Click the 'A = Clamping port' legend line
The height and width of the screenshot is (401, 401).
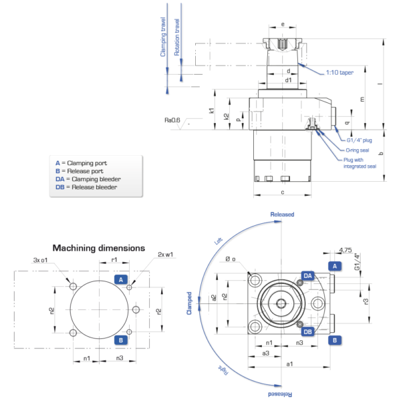81,163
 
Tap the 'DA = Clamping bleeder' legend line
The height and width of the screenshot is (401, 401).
88,179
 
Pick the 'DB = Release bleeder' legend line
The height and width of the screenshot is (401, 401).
86,187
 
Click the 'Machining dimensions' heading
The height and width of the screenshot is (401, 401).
99,247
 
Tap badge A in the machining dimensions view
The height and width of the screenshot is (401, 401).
121,279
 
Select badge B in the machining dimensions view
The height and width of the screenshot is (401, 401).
121,340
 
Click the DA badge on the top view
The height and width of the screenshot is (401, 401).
307,275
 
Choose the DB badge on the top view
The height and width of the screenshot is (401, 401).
307,331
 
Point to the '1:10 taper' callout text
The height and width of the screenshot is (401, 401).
339,72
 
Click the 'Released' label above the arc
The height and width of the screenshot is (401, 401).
281,215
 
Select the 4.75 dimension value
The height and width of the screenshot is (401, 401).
345,251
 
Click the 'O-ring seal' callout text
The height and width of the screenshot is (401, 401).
358,150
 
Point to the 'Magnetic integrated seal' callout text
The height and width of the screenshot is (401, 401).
360,163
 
